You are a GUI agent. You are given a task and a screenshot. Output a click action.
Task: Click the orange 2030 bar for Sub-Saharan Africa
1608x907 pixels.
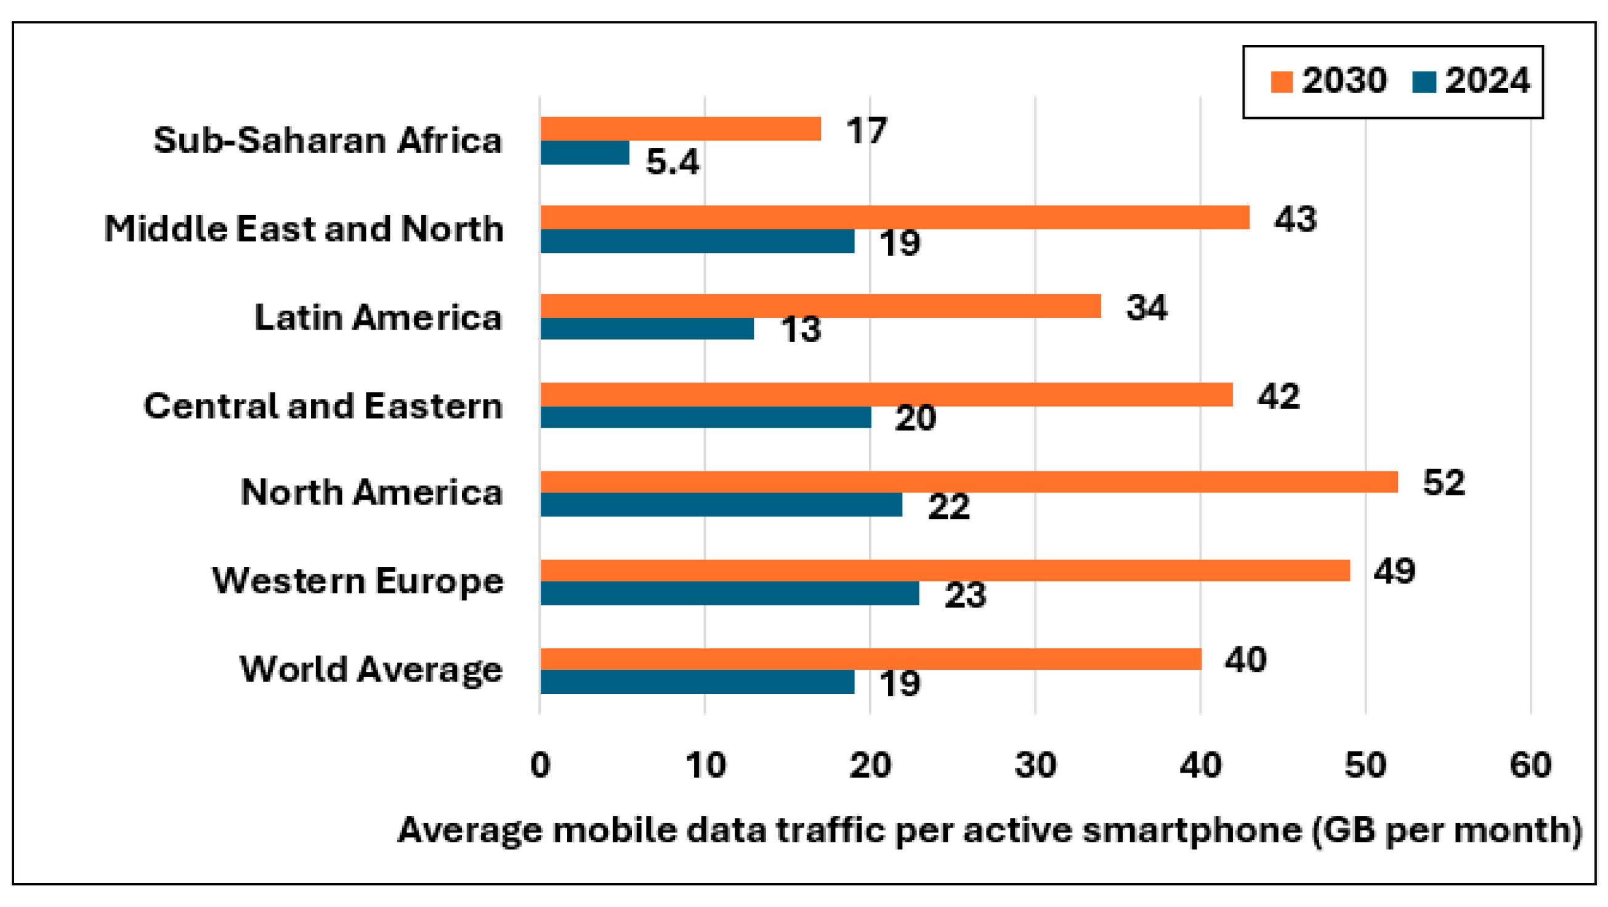pyautogui.click(x=681, y=129)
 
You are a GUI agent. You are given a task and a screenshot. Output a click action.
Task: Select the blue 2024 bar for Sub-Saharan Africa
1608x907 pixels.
pyautogui.click(x=585, y=153)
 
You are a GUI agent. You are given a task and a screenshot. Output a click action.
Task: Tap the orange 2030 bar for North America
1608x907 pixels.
pyautogui.click(x=969, y=482)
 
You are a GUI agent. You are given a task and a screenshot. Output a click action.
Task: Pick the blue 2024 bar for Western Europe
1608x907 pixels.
pyautogui.click(x=730, y=593)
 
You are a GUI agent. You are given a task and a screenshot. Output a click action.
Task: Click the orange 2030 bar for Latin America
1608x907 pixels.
pyautogui.click(x=820, y=306)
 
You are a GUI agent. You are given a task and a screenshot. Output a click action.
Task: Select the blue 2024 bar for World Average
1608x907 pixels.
pyautogui.click(x=697, y=681)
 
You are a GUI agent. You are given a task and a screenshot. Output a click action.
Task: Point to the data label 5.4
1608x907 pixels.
pyautogui.click(x=673, y=162)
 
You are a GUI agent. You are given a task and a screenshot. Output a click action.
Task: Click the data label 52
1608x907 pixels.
pyautogui.click(x=1443, y=483)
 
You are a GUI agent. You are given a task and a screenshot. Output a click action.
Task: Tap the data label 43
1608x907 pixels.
pyautogui.click(x=1295, y=219)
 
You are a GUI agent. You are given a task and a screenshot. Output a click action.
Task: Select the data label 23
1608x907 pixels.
pyautogui.click(x=965, y=595)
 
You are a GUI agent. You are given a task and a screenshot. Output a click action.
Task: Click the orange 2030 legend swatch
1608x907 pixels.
pyautogui.click(x=1281, y=82)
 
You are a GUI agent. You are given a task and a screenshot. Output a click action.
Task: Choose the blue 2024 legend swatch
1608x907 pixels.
pyautogui.click(x=1424, y=82)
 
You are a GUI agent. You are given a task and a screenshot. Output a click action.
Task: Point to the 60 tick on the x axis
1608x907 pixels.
pyautogui.click(x=1530, y=765)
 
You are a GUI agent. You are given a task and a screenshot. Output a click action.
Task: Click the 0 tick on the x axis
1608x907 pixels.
pyautogui.click(x=540, y=765)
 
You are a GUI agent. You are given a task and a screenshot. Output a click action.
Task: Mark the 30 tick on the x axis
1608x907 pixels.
pyautogui.click(x=1035, y=765)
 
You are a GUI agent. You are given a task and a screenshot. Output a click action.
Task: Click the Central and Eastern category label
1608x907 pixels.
pyautogui.click(x=323, y=406)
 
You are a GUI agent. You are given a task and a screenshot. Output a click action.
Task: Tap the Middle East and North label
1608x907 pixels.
pyautogui.click(x=304, y=229)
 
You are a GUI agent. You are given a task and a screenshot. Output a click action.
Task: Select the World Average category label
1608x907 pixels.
pyautogui.click(x=371, y=670)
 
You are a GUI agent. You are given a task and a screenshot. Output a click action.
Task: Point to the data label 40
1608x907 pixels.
pyautogui.click(x=1245, y=660)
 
